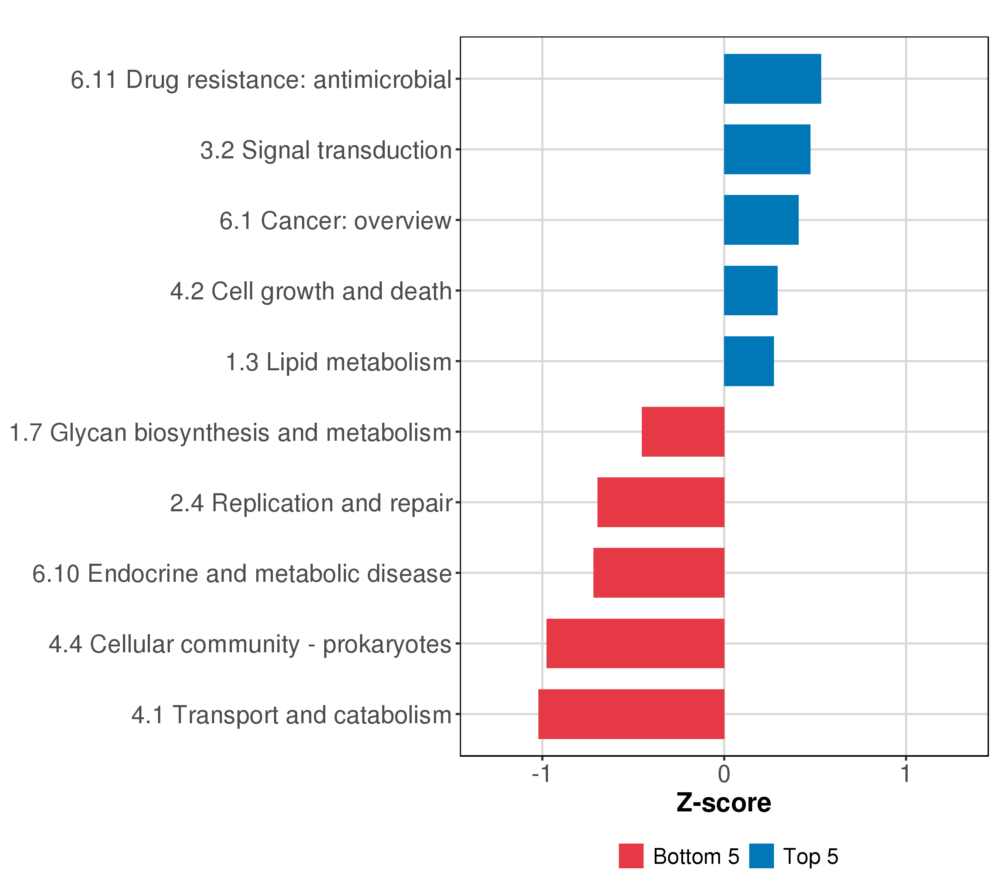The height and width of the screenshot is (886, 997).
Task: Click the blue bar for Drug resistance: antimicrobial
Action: click(x=772, y=79)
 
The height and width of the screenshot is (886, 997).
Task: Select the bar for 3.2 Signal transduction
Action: click(x=767, y=149)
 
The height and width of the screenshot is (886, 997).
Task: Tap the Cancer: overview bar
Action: click(x=761, y=220)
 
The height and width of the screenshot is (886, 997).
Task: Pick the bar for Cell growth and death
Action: click(x=750, y=291)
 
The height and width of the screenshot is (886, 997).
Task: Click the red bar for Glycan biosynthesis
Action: click(x=683, y=432)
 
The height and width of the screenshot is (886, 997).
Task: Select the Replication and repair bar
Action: click(x=661, y=502)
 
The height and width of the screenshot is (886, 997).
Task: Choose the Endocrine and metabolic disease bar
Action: click(x=658, y=573)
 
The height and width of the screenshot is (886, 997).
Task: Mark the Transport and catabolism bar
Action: click(x=631, y=714)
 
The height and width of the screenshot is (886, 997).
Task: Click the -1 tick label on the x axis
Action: click(x=541, y=774)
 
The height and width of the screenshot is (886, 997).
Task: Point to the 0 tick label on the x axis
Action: click(x=724, y=774)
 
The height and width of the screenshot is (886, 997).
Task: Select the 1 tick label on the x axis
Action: click(x=905, y=774)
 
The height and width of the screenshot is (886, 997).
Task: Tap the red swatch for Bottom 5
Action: click(x=631, y=856)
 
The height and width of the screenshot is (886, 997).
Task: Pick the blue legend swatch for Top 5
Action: click(x=761, y=856)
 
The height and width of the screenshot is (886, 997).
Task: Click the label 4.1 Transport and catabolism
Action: click(x=291, y=715)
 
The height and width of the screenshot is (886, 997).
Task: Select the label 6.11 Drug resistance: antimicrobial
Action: click(x=261, y=79)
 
